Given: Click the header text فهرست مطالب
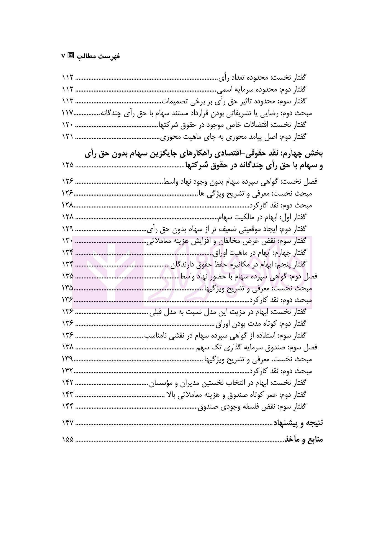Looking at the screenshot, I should coord(98,56).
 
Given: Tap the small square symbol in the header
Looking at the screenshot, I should coord(71,56).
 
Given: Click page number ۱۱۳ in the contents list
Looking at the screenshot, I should coord(68,101).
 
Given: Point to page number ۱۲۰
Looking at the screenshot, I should coord(68,125).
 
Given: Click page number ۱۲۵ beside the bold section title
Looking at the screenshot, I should coord(68,166).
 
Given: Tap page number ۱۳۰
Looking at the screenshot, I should coord(68,241).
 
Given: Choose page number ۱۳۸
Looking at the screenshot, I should coord(68,347).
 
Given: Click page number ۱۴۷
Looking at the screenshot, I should coord(68,423).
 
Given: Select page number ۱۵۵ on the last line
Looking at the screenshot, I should coord(68,439).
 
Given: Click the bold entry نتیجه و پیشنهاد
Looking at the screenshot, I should coord(298,423).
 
